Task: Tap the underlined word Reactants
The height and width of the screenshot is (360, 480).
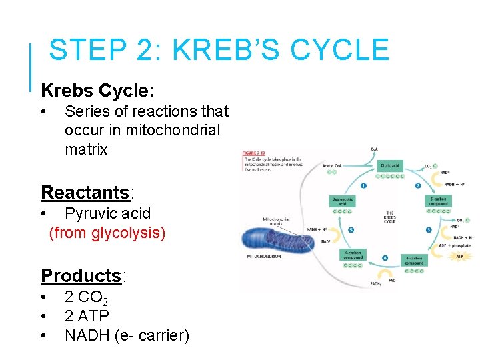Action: tap(85, 193)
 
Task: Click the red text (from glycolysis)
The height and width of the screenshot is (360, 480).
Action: tap(107, 233)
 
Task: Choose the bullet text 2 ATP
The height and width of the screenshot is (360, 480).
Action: tap(87, 315)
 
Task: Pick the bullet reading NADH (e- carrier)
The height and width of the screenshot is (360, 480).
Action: tap(127, 335)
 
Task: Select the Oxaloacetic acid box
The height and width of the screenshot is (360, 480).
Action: tap(343, 201)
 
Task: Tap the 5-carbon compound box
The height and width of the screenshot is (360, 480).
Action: tap(438, 201)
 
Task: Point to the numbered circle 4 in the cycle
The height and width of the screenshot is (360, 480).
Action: tap(385, 257)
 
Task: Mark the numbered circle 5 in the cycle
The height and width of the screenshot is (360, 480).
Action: tap(351, 230)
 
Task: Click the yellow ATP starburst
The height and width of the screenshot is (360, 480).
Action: tap(459, 256)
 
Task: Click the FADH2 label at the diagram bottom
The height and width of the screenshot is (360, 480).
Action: tap(375, 284)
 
